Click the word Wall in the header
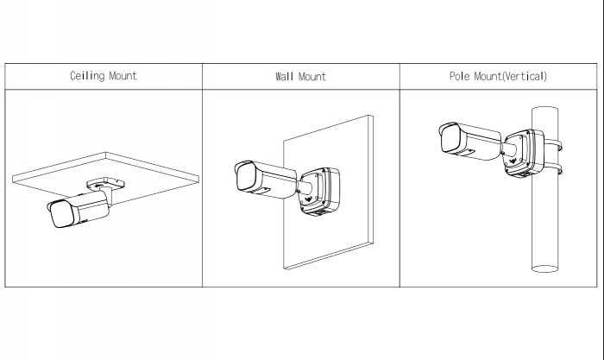[x=284, y=76]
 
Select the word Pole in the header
[x=460, y=76]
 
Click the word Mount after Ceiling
[x=123, y=76]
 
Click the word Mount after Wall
[x=312, y=76]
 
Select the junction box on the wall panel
[x=320, y=191]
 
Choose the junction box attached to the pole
[x=525, y=153]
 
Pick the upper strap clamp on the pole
[x=553, y=146]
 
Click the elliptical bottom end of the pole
[x=545, y=268]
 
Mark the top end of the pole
[x=545, y=108]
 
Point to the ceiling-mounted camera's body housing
[x=91, y=207]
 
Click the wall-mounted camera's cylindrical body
[x=274, y=181]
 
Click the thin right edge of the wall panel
[x=371, y=180]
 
